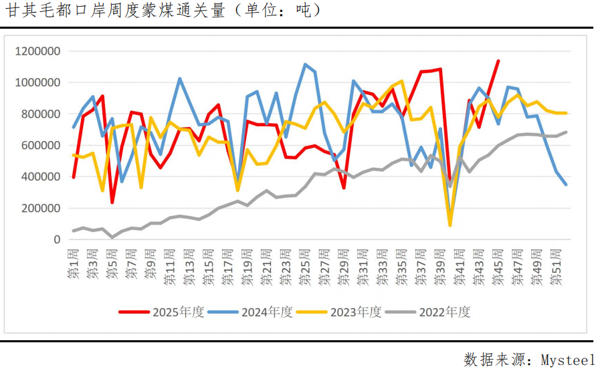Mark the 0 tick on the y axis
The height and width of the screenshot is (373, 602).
pos(56,239)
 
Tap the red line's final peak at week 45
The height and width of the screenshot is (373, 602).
pos(498,61)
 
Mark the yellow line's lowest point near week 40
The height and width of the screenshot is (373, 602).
pos(450,225)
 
